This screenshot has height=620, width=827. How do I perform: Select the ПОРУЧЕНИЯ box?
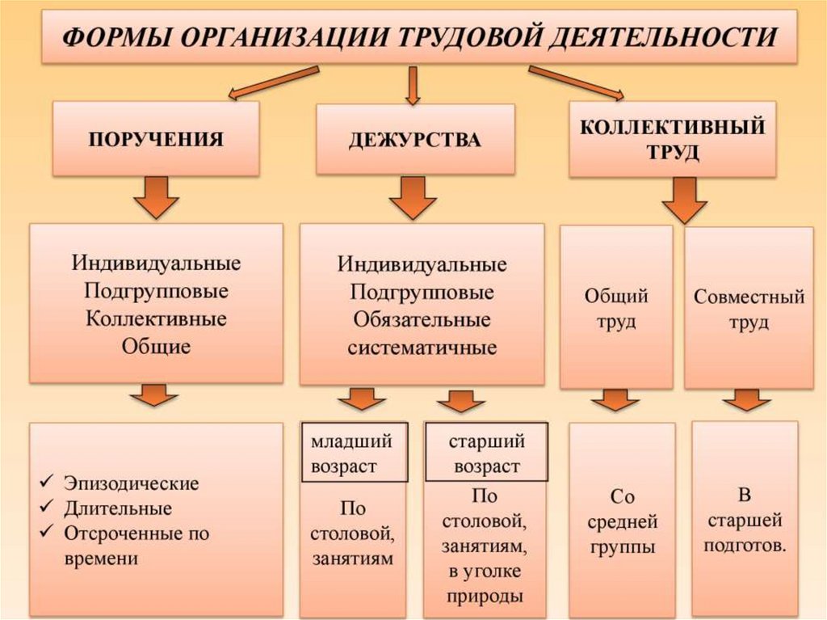coord(156,138)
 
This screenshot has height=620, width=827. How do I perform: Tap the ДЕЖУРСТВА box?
coord(414,140)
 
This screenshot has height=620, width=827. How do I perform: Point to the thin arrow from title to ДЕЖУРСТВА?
coord(413,86)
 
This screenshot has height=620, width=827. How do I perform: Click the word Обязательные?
coord(422,319)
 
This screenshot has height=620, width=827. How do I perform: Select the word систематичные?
coord(422,348)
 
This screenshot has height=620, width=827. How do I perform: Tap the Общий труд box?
coord(616,307)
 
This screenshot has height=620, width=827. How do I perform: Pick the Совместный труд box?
coord(749,308)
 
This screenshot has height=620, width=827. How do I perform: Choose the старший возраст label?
coord(486,453)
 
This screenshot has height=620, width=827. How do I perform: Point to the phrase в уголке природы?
coord(485,584)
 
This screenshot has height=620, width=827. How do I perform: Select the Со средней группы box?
coord(621,521)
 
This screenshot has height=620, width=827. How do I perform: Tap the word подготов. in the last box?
coord(745,546)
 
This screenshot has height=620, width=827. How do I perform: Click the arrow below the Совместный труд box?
coord(746,399)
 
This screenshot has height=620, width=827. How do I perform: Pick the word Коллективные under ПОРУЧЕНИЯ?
coord(156,318)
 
